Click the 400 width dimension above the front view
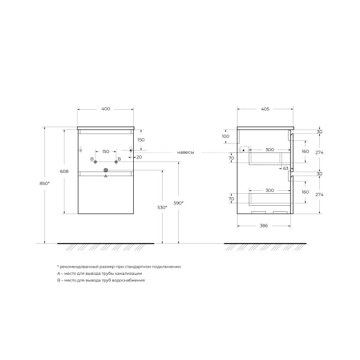click(x=106, y=109)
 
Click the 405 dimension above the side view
click(x=265, y=109)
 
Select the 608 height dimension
click(x=73, y=172)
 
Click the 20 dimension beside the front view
click(x=139, y=157)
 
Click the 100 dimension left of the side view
click(x=225, y=137)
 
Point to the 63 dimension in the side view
click(x=286, y=169)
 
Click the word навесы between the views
click(x=185, y=152)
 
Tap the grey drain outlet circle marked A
click(x=106, y=170)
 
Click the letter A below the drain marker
click(x=106, y=177)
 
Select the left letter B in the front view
click(x=92, y=159)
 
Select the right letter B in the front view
click(x=119, y=159)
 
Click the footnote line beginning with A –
click(x=99, y=273)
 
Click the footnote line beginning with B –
click(x=101, y=280)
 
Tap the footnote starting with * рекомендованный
click(x=118, y=266)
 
